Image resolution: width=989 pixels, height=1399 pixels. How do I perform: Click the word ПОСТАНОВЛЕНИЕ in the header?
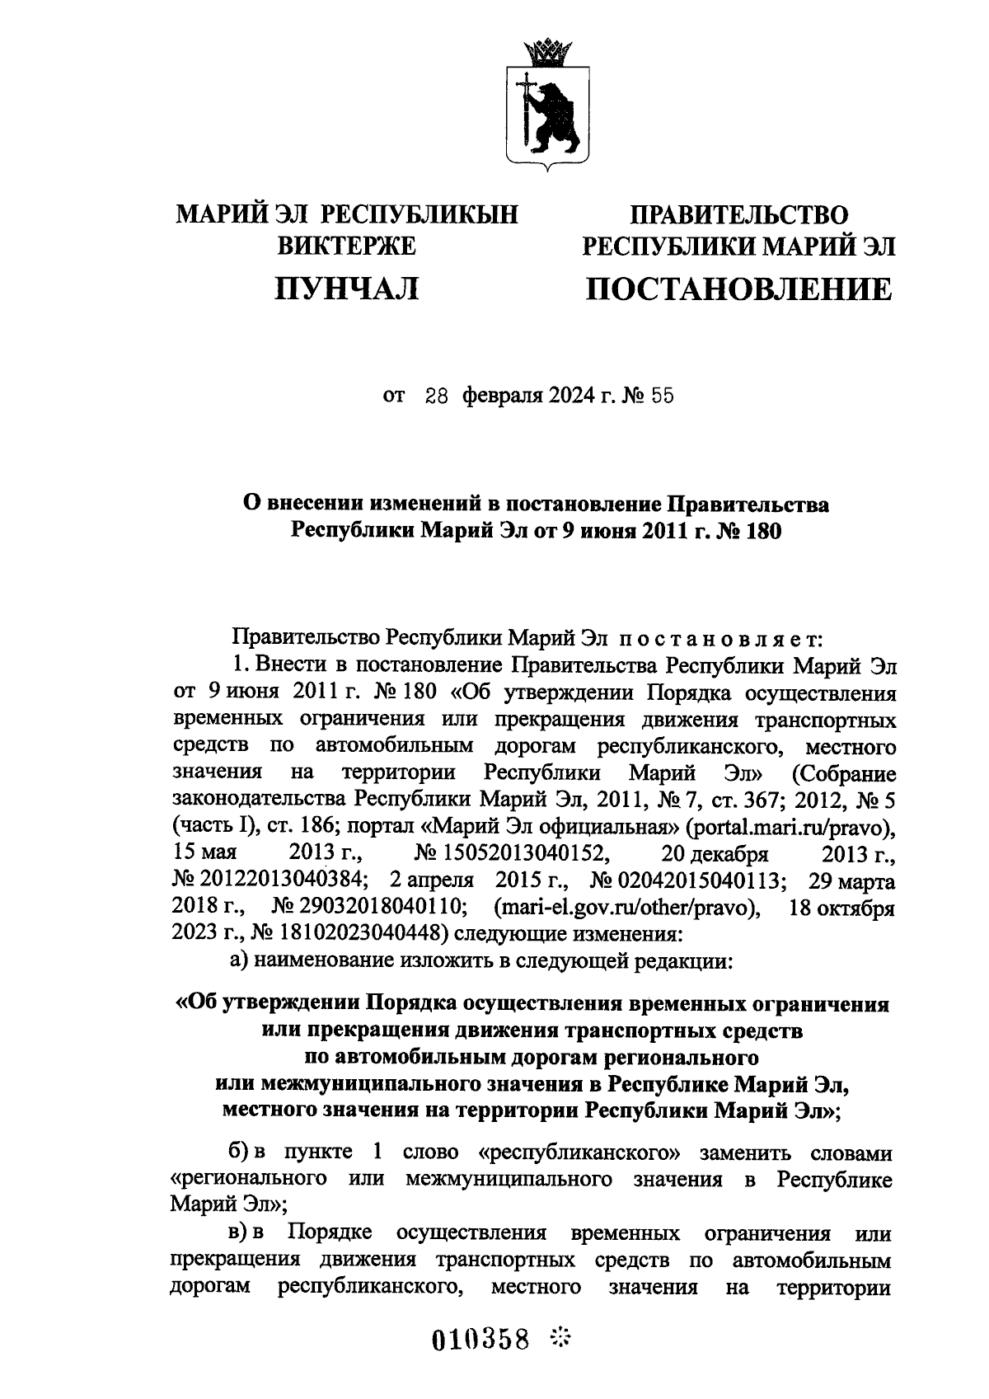pos(738,290)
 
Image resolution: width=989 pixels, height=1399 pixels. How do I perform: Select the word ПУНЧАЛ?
pos(346,289)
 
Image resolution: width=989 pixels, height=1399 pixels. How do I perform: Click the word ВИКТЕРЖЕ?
pos(346,246)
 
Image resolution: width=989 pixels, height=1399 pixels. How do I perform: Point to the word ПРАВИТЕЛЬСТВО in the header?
pos(738,216)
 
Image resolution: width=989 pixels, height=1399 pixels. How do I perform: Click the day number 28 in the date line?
pos(436,396)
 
